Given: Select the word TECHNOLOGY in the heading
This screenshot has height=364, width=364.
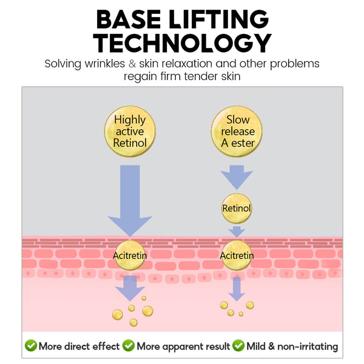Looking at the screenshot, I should tap(182, 44).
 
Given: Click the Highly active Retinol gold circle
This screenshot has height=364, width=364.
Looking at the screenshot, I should tap(130, 131).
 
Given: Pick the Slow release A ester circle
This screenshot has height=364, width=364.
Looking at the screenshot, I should tap(237, 131).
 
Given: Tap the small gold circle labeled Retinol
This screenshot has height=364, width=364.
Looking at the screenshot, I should tap(237, 209).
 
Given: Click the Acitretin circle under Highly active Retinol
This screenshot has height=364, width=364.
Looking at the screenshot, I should tap(130, 255).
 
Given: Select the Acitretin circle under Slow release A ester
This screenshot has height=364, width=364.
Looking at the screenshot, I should tap(237, 255).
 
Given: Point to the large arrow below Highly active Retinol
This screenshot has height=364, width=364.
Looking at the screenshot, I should tap(130, 200).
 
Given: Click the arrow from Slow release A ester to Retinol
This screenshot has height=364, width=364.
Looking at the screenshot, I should tap(237, 175).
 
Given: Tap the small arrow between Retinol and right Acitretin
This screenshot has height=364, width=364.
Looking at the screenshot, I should tap(237, 231).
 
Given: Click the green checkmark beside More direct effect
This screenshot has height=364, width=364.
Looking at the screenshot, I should tap(30, 346).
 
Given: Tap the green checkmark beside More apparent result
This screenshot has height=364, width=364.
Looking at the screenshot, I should tap(129, 346).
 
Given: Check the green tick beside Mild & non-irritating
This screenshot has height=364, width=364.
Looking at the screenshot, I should tap(238, 346).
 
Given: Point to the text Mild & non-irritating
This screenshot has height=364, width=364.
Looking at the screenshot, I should tap(292, 346).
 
